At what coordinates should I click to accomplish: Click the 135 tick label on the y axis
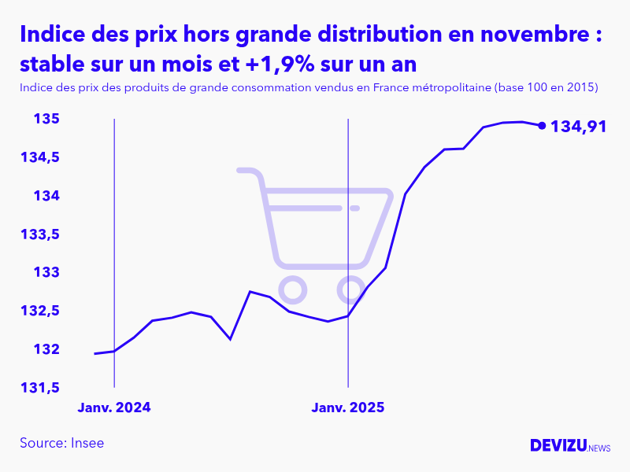tap(48, 119)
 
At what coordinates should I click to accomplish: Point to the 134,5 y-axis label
tap(40, 157)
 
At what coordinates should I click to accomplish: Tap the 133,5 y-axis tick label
tap(40, 234)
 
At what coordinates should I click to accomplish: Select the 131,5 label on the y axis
tap(40, 388)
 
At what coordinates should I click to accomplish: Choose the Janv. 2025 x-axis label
tap(347, 407)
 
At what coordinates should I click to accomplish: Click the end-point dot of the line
tap(542, 125)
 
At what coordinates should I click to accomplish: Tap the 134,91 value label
tap(578, 126)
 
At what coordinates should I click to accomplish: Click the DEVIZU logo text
tap(558, 445)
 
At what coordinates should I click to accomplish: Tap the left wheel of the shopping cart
tap(292, 290)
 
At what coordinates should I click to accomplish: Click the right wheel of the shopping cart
tap(351, 290)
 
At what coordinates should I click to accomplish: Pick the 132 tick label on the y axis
tap(48, 349)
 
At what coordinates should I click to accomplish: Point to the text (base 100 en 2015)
tap(546, 87)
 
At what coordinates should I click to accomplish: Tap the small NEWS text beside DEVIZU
tap(599, 448)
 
